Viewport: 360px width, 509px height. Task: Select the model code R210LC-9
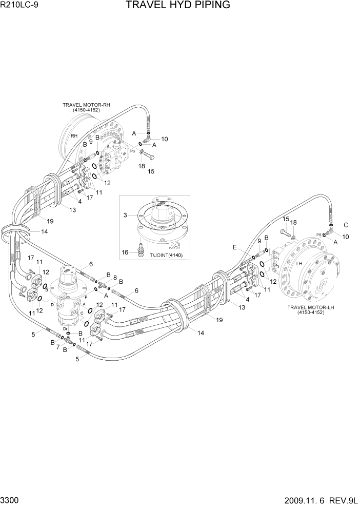19,6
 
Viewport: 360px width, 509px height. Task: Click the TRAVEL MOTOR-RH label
86,107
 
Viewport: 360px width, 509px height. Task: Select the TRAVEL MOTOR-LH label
311,309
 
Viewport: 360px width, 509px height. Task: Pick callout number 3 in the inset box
125,216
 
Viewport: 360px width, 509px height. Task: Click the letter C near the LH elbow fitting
346,225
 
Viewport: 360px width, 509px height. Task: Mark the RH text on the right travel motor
74,136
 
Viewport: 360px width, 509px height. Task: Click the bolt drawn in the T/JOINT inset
139,249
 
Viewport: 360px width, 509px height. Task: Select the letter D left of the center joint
53,304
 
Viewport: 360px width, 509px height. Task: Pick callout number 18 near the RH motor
140,166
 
